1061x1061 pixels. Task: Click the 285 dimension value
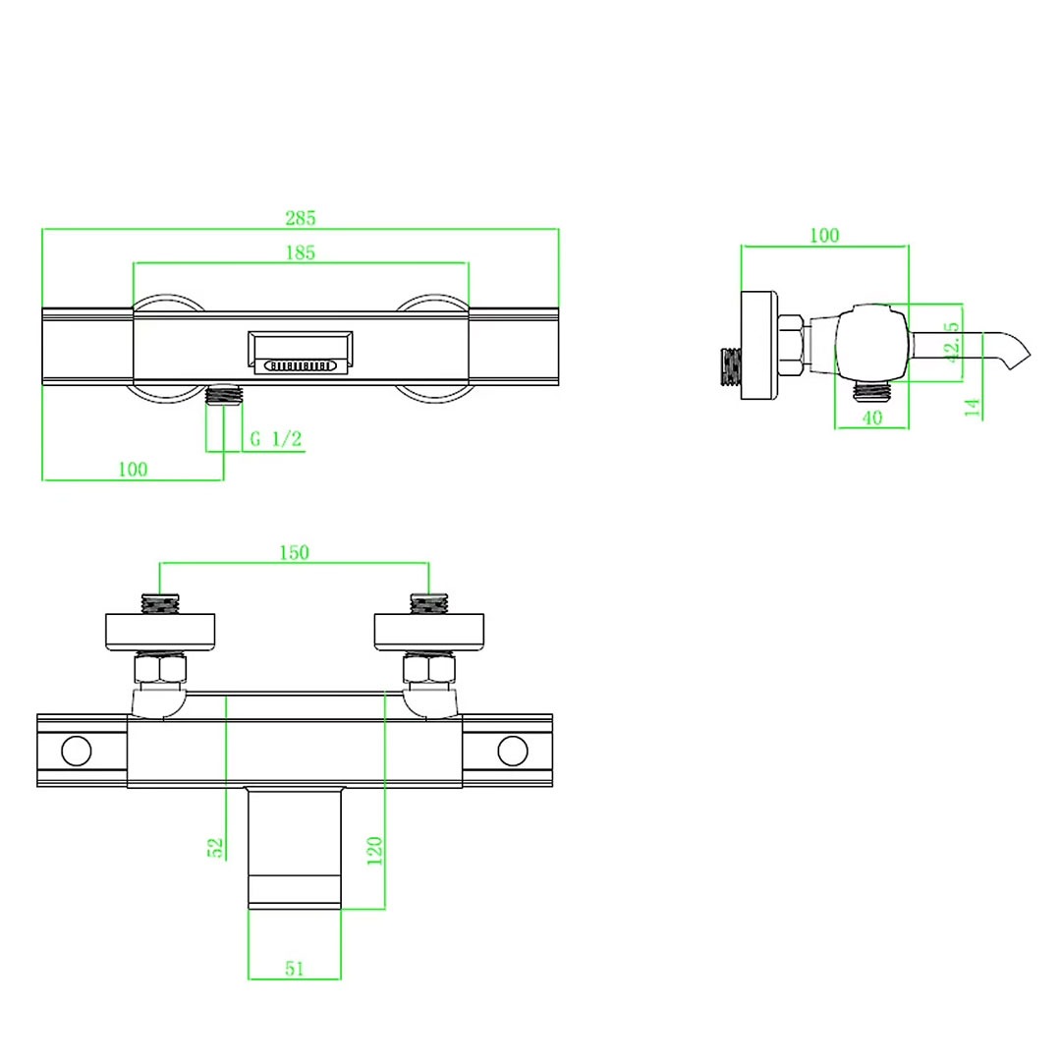(x=301, y=218)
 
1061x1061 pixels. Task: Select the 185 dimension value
(x=301, y=252)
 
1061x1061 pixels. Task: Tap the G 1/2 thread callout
(x=276, y=439)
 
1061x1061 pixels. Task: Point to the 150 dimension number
(x=295, y=552)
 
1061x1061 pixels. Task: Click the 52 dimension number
(x=215, y=848)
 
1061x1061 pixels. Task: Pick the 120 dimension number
(x=374, y=851)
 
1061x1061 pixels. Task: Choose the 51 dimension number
(x=295, y=969)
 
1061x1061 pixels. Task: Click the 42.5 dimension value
(x=952, y=343)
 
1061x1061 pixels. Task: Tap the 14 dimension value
(x=973, y=408)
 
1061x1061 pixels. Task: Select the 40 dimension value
(x=872, y=418)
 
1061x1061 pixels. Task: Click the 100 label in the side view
(x=824, y=235)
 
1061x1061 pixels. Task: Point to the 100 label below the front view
(x=133, y=469)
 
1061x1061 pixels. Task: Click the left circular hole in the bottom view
(x=77, y=752)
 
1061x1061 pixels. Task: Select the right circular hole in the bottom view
(x=512, y=752)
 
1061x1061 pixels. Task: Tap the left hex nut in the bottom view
(x=160, y=669)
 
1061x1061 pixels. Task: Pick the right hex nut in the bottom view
(x=429, y=669)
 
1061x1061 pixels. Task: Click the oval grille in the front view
(x=300, y=365)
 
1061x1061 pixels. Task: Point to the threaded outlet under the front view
(x=224, y=394)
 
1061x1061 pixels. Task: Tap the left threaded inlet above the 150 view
(x=160, y=603)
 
